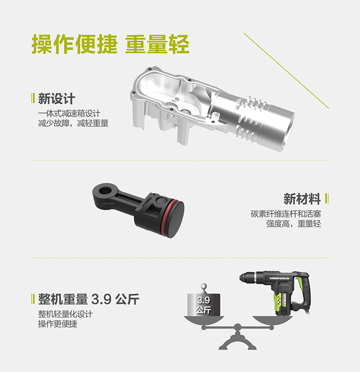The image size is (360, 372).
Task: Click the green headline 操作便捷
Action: [74, 44]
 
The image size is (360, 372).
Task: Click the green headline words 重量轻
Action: [157, 44]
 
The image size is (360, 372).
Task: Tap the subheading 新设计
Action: [57, 98]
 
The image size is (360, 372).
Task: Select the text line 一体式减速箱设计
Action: [69, 114]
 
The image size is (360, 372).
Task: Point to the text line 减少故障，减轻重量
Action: [73, 123]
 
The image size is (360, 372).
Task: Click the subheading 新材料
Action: [302, 198]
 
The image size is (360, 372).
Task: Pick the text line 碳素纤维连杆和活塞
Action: [286, 214]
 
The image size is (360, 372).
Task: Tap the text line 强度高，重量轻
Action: [293, 223]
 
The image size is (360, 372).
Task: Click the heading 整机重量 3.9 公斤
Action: [89, 299]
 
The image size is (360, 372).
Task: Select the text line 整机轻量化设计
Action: [65, 314]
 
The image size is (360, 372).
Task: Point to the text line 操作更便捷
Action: [58, 324]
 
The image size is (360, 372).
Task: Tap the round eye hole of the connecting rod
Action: [104, 190]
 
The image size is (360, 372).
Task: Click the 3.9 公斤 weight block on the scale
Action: [204, 304]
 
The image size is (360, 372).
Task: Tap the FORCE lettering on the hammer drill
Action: [284, 278]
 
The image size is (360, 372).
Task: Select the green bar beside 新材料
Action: [327, 198]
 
